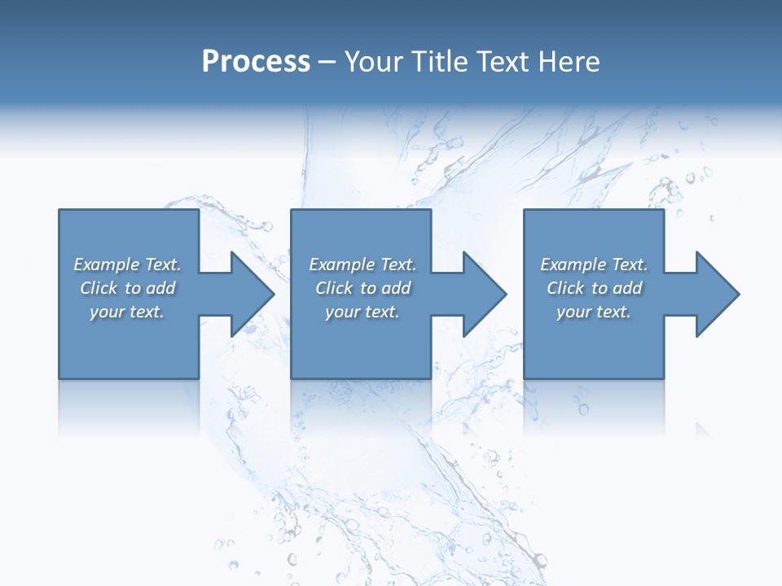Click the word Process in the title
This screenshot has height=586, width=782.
click(256, 62)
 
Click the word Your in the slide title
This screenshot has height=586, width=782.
click(373, 62)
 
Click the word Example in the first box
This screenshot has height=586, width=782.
click(106, 265)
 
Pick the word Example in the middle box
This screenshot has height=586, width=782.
click(341, 265)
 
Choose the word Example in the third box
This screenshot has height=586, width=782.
click(573, 265)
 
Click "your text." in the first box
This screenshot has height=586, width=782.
click(127, 312)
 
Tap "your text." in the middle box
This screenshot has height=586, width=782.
click(362, 312)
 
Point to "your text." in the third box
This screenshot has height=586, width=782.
click(594, 312)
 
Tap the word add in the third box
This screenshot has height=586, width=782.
click(627, 288)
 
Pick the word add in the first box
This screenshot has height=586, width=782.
click(160, 288)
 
